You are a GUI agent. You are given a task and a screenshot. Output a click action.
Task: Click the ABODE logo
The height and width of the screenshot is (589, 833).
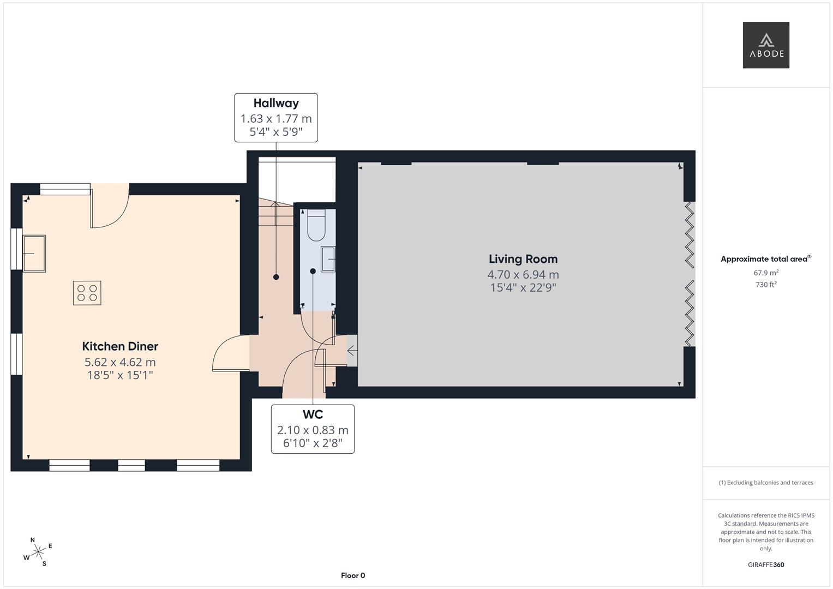click(x=766, y=45)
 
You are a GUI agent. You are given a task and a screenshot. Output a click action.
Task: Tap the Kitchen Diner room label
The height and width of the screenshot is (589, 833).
click(x=120, y=346)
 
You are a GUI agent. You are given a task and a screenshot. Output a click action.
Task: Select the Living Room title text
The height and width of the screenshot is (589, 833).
click(x=523, y=259)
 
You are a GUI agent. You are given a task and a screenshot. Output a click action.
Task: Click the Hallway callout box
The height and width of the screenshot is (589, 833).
click(x=276, y=117)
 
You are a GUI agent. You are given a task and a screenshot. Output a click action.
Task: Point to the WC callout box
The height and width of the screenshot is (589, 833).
click(x=313, y=429)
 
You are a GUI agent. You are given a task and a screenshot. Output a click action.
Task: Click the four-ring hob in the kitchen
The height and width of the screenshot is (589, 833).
click(x=87, y=293)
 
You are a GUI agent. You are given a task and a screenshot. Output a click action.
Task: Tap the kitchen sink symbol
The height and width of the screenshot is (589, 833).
click(x=34, y=254)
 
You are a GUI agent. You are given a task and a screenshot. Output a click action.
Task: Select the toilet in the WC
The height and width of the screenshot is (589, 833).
click(x=316, y=225)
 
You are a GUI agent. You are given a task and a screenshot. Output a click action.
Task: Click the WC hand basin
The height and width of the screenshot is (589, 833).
click(x=328, y=259)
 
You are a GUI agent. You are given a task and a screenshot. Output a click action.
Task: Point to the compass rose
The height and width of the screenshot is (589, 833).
click(x=38, y=552)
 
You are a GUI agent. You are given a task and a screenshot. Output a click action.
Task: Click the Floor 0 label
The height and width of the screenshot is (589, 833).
click(x=353, y=575)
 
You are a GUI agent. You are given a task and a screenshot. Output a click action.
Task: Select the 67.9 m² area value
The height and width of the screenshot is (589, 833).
click(x=766, y=273)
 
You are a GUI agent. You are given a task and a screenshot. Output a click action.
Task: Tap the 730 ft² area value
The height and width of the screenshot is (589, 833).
click(x=766, y=285)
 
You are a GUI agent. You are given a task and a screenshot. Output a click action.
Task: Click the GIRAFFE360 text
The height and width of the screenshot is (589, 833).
click(x=766, y=564)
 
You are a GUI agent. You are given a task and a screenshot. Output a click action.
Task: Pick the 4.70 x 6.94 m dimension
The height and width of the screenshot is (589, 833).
click(x=523, y=274)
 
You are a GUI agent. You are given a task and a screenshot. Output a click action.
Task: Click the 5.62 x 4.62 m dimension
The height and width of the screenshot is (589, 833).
click(x=120, y=362)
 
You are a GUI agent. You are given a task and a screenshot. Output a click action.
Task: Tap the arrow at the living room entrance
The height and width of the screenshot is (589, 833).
click(x=352, y=351)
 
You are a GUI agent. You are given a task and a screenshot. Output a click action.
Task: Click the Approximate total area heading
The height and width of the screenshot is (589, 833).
click(x=766, y=259)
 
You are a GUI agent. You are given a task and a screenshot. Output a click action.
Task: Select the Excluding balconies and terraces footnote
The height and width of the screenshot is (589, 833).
click(x=766, y=483)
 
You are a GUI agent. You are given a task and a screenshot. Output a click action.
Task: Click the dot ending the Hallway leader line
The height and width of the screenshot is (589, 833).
click(x=276, y=277)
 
